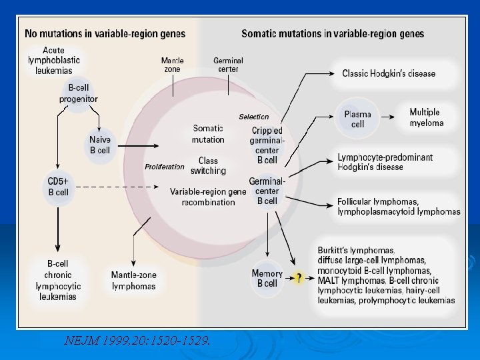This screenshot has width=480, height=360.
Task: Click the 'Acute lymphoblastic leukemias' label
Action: point(54,60)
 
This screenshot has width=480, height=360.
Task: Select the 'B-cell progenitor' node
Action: point(79,94)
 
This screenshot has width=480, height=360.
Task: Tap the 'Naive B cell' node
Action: point(100,145)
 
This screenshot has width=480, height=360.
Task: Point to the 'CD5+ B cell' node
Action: point(59,186)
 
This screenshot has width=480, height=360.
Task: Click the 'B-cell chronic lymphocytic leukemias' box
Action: point(59,280)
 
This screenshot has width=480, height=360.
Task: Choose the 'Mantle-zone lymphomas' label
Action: point(133,280)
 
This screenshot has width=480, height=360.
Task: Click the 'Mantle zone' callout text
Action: point(173,65)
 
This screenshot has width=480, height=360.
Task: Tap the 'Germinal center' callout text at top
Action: point(228,65)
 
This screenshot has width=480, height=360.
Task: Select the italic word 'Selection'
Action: point(254,117)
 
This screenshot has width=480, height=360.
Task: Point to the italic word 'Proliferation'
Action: point(165,167)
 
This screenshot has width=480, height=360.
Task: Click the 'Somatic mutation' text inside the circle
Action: point(208,134)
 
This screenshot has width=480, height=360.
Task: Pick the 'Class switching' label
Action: point(208,165)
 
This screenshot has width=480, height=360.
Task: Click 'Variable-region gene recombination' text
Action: point(208,197)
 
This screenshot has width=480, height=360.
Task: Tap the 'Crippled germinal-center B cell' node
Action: point(267,145)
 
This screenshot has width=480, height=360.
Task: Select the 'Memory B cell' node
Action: point(267,279)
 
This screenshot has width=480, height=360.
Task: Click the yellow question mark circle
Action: point(299,278)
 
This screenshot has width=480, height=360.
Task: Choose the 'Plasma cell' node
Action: point(358,119)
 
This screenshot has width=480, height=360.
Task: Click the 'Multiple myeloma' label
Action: point(426,117)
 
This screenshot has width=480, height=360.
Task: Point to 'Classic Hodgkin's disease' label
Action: point(389,73)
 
